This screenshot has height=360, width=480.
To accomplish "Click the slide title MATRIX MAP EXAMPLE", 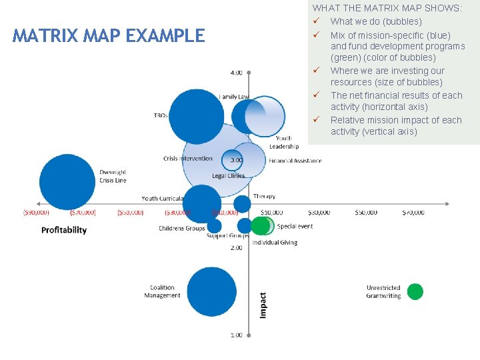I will pyautogui.click(x=109, y=35).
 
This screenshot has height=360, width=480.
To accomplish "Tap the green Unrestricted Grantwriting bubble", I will pyautogui.click(x=415, y=291).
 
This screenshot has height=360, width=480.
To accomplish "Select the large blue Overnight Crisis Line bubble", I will pyautogui.click(x=67, y=181).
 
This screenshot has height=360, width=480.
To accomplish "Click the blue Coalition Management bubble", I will pyautogui.click(x=211, y=292).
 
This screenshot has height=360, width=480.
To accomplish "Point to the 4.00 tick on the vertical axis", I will pyautogui.click(x=237, y=72).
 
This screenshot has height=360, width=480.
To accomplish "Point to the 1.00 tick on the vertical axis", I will pyautogui.click(x=237, y=335).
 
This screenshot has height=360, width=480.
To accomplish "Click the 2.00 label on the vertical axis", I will pyautogui.click(x=237, y=248).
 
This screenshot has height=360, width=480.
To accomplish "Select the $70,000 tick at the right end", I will pyautogui.click(x=413, y=213).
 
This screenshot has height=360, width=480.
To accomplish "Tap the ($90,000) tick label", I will pyautogui.click(x=35, y=213).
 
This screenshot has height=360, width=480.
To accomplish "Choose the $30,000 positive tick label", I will pyautogui.click(x=319, y=213).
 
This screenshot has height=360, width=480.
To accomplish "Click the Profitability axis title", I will pyautogui.click(x=64, y=230).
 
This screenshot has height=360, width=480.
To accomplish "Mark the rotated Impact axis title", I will pyautogui.click(x=263, y=305).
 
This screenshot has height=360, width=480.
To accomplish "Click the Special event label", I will pyautogui.click(x=295, y=227).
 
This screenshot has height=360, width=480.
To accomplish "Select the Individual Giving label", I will pyautogui.click(x=275, y=243).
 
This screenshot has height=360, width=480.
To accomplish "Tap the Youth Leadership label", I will pyautogui.click(x=284, y=143).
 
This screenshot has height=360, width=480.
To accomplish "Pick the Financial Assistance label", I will pyautogui.click(x=295, y=161).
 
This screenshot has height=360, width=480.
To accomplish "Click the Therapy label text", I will pyautogui.click(x=264, y=197).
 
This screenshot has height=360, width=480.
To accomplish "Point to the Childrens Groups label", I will pyautogui.click(x=181, y=229).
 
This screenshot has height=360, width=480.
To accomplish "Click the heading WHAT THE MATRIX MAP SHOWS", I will pyautogui.click(x=387, y=8).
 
